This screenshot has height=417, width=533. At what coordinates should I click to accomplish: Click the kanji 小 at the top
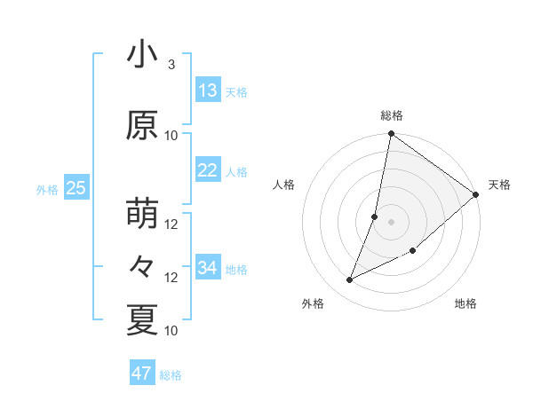(x=141, y=54)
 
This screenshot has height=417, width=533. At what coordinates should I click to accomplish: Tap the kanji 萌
(x=141, y=214)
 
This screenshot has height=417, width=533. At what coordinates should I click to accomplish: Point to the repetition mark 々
(x=141, y=267)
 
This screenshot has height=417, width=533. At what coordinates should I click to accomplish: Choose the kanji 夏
(x=141, y=320)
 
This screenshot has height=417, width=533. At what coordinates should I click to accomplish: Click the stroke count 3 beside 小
(x=171, y=65)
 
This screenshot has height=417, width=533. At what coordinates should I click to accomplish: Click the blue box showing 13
(x=208, y=90)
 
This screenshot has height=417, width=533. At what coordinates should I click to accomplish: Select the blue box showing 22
(x=208, y=170)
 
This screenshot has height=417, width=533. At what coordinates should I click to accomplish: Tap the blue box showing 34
(x=208, y=267)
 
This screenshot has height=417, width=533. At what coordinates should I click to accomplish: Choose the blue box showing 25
(x=76, y=188)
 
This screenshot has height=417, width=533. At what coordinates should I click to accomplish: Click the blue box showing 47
(x=142, y=374)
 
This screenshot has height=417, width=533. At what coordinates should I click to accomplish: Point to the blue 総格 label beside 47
(x=171, y=375)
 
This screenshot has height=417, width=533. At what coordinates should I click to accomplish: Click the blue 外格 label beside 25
(x=47, y=189)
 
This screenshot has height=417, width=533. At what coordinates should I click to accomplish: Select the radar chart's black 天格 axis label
(x=499, y=185)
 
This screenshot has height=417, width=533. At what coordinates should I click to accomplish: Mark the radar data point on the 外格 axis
(x=350, y=280)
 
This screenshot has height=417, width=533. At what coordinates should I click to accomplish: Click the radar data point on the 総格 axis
(x=391, y=134)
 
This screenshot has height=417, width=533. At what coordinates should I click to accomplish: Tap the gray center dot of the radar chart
(x=391, y=222)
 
